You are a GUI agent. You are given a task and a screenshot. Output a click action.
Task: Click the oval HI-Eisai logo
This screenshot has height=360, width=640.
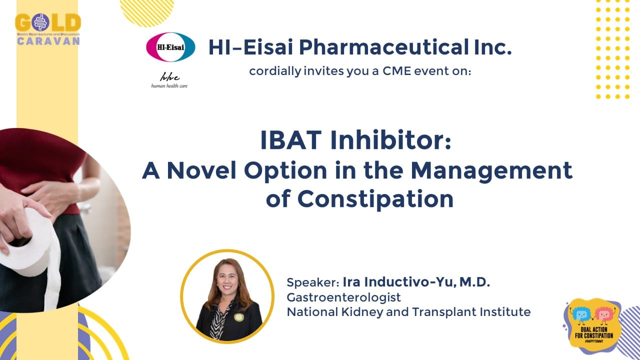170,47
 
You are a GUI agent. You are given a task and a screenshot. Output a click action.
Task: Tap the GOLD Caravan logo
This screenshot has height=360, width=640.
48,29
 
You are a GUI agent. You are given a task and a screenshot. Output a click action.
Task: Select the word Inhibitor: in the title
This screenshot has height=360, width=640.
390,140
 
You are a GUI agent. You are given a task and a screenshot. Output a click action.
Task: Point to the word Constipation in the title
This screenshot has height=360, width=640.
375,199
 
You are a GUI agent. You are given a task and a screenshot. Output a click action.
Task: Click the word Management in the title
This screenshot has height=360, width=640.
491,171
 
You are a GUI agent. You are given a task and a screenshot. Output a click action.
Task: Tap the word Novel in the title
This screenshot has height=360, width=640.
201,170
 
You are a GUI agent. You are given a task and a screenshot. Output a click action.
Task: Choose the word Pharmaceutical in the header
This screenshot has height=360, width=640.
383,47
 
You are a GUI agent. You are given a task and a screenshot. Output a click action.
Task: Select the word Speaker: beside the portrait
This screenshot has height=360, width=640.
313,282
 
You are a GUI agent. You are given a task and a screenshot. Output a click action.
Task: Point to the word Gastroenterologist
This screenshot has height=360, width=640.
343,297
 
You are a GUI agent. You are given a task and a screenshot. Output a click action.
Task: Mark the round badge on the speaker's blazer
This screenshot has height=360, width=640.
238,317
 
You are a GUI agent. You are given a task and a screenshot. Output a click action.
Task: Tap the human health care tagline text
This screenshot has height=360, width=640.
169,85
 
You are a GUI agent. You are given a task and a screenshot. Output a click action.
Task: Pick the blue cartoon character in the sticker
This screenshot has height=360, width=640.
579,315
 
